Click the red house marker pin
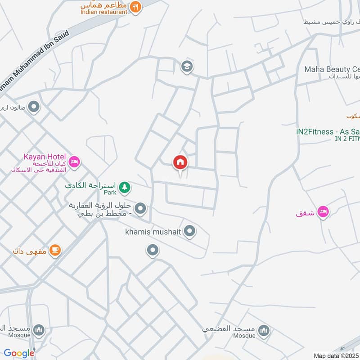(180, 162)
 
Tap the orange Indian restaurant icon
(135, 7)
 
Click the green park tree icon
(124, 186)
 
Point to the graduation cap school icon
(187, 67)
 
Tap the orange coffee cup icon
(55, 250)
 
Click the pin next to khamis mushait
(190, 232)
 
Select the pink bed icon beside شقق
(323, 212)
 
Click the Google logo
(19, 353)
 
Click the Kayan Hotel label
(45, 157)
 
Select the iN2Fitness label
(328, 131)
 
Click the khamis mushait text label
(153, 232)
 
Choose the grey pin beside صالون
(34, 107)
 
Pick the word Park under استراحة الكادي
(110, 193)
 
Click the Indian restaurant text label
(104, 12)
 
